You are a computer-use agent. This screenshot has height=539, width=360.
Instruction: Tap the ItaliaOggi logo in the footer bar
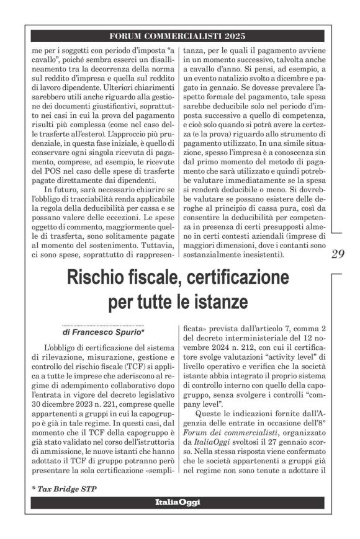pos(178,502)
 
